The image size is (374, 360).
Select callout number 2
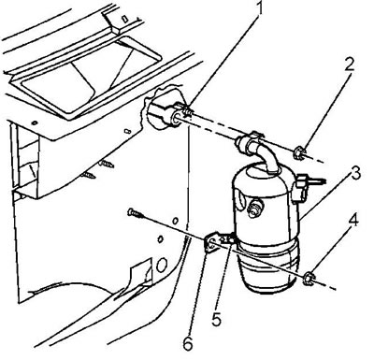[349, 65]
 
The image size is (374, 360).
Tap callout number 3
[354, 174]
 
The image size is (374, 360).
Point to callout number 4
[352, 221]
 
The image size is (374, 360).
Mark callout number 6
[188, 343]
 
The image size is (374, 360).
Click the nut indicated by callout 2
[298, 152]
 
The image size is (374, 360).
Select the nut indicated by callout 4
[309, 279]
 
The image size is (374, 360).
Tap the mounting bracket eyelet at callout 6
[211, 245]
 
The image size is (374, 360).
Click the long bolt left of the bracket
[136, 212]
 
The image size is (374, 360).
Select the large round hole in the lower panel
[162, 265]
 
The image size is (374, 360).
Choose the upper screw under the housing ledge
[106, 163]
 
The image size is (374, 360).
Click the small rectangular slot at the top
[125, 19]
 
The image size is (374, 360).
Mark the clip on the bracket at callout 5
[227, 239]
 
